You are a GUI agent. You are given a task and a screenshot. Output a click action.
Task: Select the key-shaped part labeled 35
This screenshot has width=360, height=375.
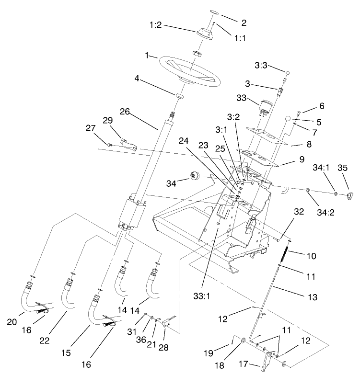(x=350, y=194)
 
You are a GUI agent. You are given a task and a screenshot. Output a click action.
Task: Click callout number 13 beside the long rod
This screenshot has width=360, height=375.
(x=312, y=297)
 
